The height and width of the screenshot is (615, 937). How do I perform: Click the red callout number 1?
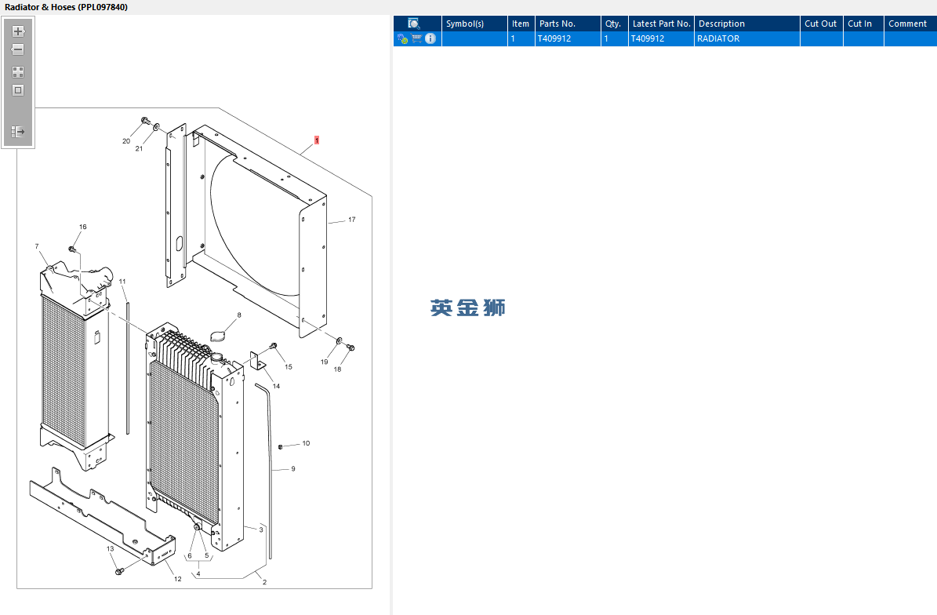[317, 140]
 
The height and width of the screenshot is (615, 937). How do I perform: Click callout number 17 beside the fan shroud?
[352, 220]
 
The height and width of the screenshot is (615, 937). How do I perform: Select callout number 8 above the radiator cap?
[239, 315]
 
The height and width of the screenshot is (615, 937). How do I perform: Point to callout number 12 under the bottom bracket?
[177, 579]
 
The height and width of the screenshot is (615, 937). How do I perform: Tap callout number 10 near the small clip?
[306, 443]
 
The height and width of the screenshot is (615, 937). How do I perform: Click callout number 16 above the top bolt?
[83, 227]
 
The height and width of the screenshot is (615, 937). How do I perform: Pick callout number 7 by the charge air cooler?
[37, 246]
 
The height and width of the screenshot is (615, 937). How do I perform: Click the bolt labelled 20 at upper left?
[144, 122]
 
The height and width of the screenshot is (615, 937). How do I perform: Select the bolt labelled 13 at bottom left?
[119, 571]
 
